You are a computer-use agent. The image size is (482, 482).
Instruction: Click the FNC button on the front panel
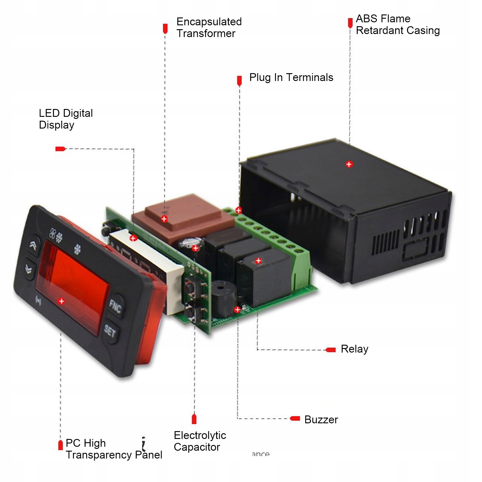pyautogui.click(x=115, y=306)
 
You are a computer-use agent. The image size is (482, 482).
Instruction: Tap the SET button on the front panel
pyautogui.click(x=110, y=331)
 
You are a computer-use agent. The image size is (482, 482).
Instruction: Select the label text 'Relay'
pyautogui.click(x=354, y=349)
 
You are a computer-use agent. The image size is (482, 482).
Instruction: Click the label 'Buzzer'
pyautogui.click(x=321, y=419)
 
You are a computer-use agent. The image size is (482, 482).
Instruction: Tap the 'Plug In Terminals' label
pyautogui.click(x=291, y=77)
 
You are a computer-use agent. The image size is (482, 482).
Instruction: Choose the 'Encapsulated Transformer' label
pyautogui.click(x=209, y=27)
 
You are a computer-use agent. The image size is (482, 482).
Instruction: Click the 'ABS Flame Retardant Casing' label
pyautogui.click(x=397, y=24)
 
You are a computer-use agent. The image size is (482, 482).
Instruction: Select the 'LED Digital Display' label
pyautogui.click(x=66, y=119)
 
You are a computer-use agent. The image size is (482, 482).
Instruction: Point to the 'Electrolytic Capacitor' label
pyautogui.click(x=200, y=441)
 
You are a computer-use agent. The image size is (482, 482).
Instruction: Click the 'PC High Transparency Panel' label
pyautogui.click(x=114, y=449)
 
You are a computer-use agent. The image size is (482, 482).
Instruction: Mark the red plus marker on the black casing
pyautogui.click(x=349, y=164)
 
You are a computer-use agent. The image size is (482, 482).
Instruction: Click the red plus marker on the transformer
pyautogui.click(x=164, y=219)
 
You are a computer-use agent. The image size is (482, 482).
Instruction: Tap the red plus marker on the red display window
pyautogui.click(x=61, y=301)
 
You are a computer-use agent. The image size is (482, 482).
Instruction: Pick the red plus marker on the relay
pyautogui.click(x=258, y=261)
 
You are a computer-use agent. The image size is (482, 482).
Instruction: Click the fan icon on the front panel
pyautogui.click(x=53, y=233)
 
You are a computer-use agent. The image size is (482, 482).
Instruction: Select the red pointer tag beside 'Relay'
pyautogui.click(x=331, y=350)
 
